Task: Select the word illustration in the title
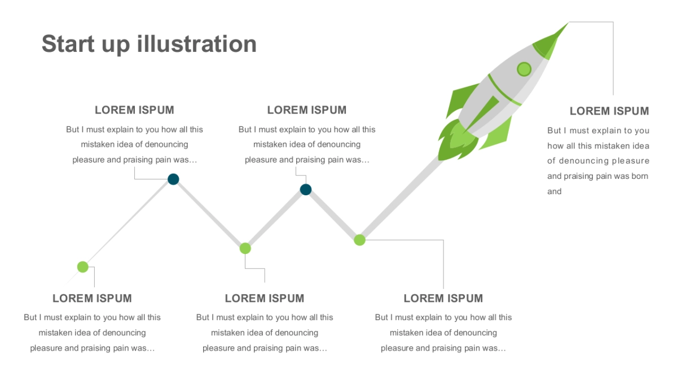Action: (x=197, y=44)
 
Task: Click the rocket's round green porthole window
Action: (x=524, y=69)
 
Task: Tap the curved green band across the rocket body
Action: (x=504, y=90)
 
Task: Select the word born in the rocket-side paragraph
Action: (x=640, y=176)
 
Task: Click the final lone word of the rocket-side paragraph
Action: (x=554, y=191)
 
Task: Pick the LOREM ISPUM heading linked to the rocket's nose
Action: (x=609, y=111)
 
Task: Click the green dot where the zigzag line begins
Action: (x=83, y=267)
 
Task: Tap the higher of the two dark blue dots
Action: (x=173, y=179)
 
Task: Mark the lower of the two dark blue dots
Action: (x=306, y=190)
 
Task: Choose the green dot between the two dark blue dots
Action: (x=245, y=248)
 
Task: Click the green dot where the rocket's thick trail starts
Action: (x=360, y=240)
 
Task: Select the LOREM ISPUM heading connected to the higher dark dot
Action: (x=134, y=110)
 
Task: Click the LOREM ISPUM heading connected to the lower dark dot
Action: (x=307, y=110)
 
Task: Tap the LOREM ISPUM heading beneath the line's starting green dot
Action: (x=92, y=298)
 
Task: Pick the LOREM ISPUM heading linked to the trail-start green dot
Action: (x=443, y=298)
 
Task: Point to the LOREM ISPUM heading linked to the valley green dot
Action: (x=265, y=298)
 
